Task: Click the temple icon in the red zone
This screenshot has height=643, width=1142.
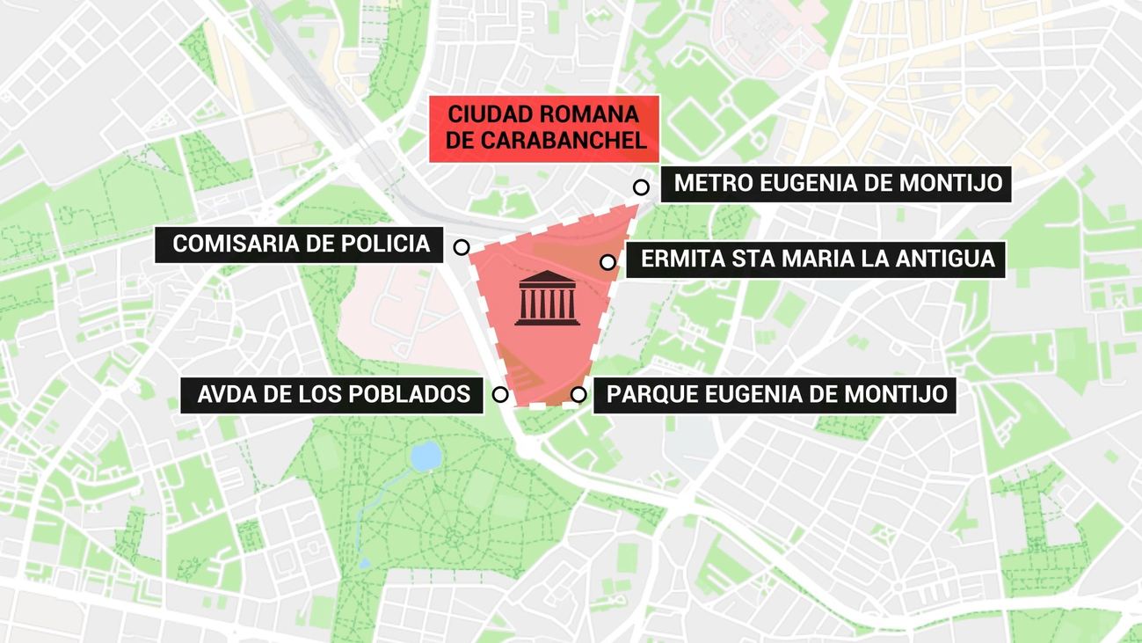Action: [x=547, y=297]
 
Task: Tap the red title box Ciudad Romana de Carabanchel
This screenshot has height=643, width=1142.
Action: [x=544, y=128]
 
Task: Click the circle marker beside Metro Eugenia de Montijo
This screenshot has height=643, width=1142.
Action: [x=642, y=187]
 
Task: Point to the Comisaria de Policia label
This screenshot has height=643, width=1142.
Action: [x=301, y=244]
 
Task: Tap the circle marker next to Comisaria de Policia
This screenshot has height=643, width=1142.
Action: [x=462, y=247]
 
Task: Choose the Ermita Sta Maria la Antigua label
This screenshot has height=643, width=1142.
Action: [x=816, y=259]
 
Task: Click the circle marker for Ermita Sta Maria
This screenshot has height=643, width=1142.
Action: [x=607, y=262]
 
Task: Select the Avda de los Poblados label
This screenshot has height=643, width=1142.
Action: [x=332, y=394]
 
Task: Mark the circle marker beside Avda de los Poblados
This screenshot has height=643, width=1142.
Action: [x=500, y=395]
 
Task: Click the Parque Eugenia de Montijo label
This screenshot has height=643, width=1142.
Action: [x=775, y=394]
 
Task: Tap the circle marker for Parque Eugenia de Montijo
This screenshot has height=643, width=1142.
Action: [x=578, y=395]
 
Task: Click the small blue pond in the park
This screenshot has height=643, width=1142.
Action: [x=426, y=456]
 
